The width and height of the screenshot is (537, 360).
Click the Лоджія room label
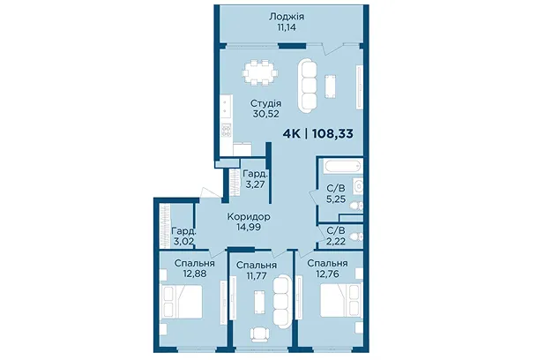[287, 17]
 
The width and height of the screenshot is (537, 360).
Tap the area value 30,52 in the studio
[265, 114]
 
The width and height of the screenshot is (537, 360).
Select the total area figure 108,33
[332, 133]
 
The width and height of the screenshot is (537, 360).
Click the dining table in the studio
[260, 72]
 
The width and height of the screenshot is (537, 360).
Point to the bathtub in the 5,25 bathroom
[342, 167]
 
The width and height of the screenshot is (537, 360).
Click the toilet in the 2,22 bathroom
[356, 236]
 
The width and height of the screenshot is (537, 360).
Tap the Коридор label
[249, 217]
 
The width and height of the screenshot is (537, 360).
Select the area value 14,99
[249, 226]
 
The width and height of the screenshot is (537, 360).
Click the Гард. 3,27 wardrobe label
[255, 179]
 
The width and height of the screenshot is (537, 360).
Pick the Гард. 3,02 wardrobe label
[183, 236]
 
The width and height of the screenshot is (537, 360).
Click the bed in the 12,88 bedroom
[182, 302]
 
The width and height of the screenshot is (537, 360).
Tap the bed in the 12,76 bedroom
[341, 300]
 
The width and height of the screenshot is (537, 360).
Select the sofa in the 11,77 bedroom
[281, 302]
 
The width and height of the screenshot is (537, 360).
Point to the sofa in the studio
[307, 86]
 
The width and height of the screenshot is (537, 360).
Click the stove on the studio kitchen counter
[226, 131]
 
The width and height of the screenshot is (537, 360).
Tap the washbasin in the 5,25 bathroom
[358, 186]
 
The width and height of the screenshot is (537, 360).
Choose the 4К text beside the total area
[292, 133]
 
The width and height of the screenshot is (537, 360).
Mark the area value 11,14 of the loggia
[287, 27]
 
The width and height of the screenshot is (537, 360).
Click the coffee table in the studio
[330, 86]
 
